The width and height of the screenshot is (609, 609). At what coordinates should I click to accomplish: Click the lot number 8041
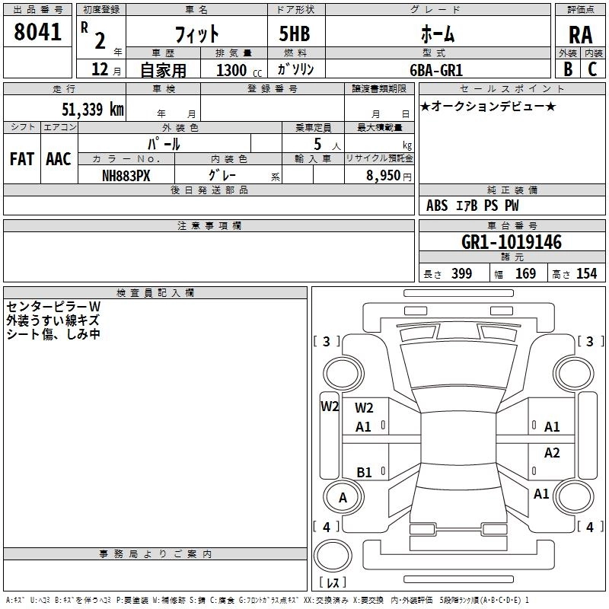point(37,32)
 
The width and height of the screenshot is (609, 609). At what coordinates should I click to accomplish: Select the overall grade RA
point(581,35)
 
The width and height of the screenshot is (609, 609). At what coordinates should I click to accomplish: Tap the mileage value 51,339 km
point(93,109)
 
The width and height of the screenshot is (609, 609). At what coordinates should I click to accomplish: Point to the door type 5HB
point(295,33)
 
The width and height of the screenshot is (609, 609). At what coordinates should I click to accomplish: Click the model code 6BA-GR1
point(436,70)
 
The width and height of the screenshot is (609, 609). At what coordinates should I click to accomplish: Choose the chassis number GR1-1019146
point(512,242)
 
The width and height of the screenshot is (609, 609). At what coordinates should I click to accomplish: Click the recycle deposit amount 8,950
point(383,175)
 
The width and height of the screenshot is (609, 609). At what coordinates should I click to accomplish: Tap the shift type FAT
point(22,159)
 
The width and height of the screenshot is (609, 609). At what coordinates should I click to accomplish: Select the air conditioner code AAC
point(59,159)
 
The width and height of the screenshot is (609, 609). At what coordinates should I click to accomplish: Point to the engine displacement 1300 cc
point(239,70)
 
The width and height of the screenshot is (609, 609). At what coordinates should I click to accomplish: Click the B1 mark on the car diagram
point(364,472)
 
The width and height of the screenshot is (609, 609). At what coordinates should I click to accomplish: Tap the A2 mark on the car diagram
point(552,452)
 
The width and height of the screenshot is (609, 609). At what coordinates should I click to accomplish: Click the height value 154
point(586,273)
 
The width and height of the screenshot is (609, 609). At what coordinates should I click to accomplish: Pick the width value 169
point(525,273)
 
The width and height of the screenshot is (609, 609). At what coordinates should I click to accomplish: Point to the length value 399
point(462,273)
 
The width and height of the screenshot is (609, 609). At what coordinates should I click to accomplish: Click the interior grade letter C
point(592,69)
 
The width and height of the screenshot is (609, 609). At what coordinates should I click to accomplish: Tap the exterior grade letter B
point(568,69)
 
